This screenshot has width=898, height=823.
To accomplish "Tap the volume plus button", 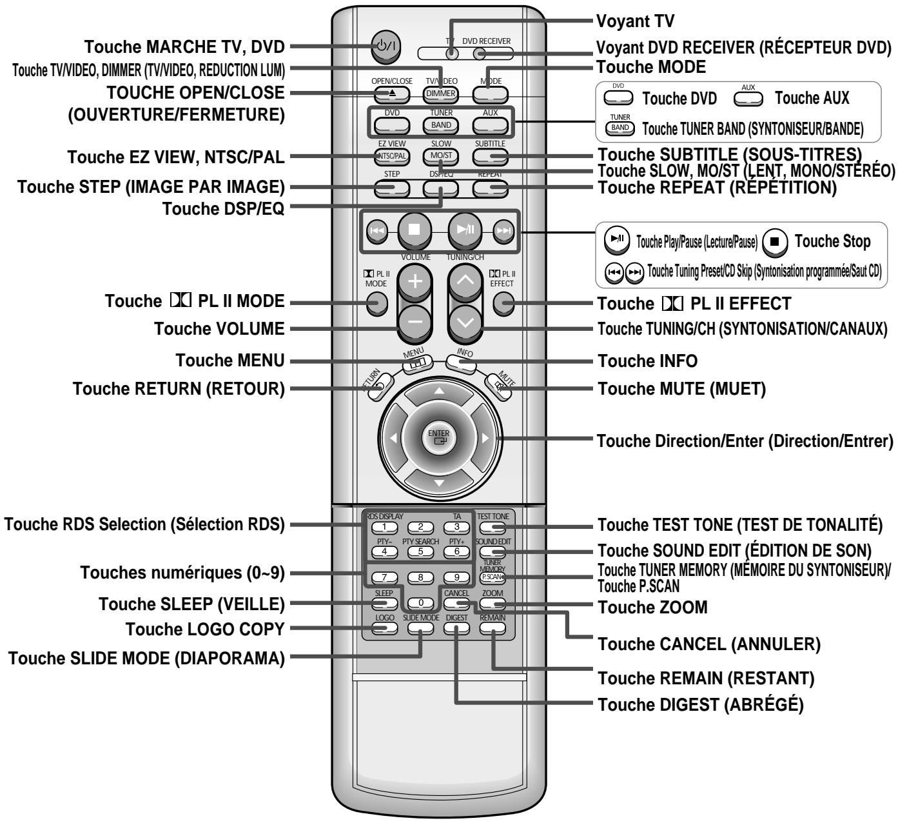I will pos(415,281).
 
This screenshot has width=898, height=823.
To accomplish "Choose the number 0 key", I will pos(420,603).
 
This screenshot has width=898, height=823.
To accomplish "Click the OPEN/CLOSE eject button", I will pos(391,93).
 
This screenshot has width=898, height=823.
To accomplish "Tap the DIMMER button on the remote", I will pos(441,93).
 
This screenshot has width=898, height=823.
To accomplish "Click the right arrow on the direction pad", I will pos(485,437).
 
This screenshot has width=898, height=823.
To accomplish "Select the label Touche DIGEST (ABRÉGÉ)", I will pos(701,705).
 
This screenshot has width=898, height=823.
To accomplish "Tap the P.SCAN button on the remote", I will pos(493,577).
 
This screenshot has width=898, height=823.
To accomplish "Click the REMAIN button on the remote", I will pos(493,628).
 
